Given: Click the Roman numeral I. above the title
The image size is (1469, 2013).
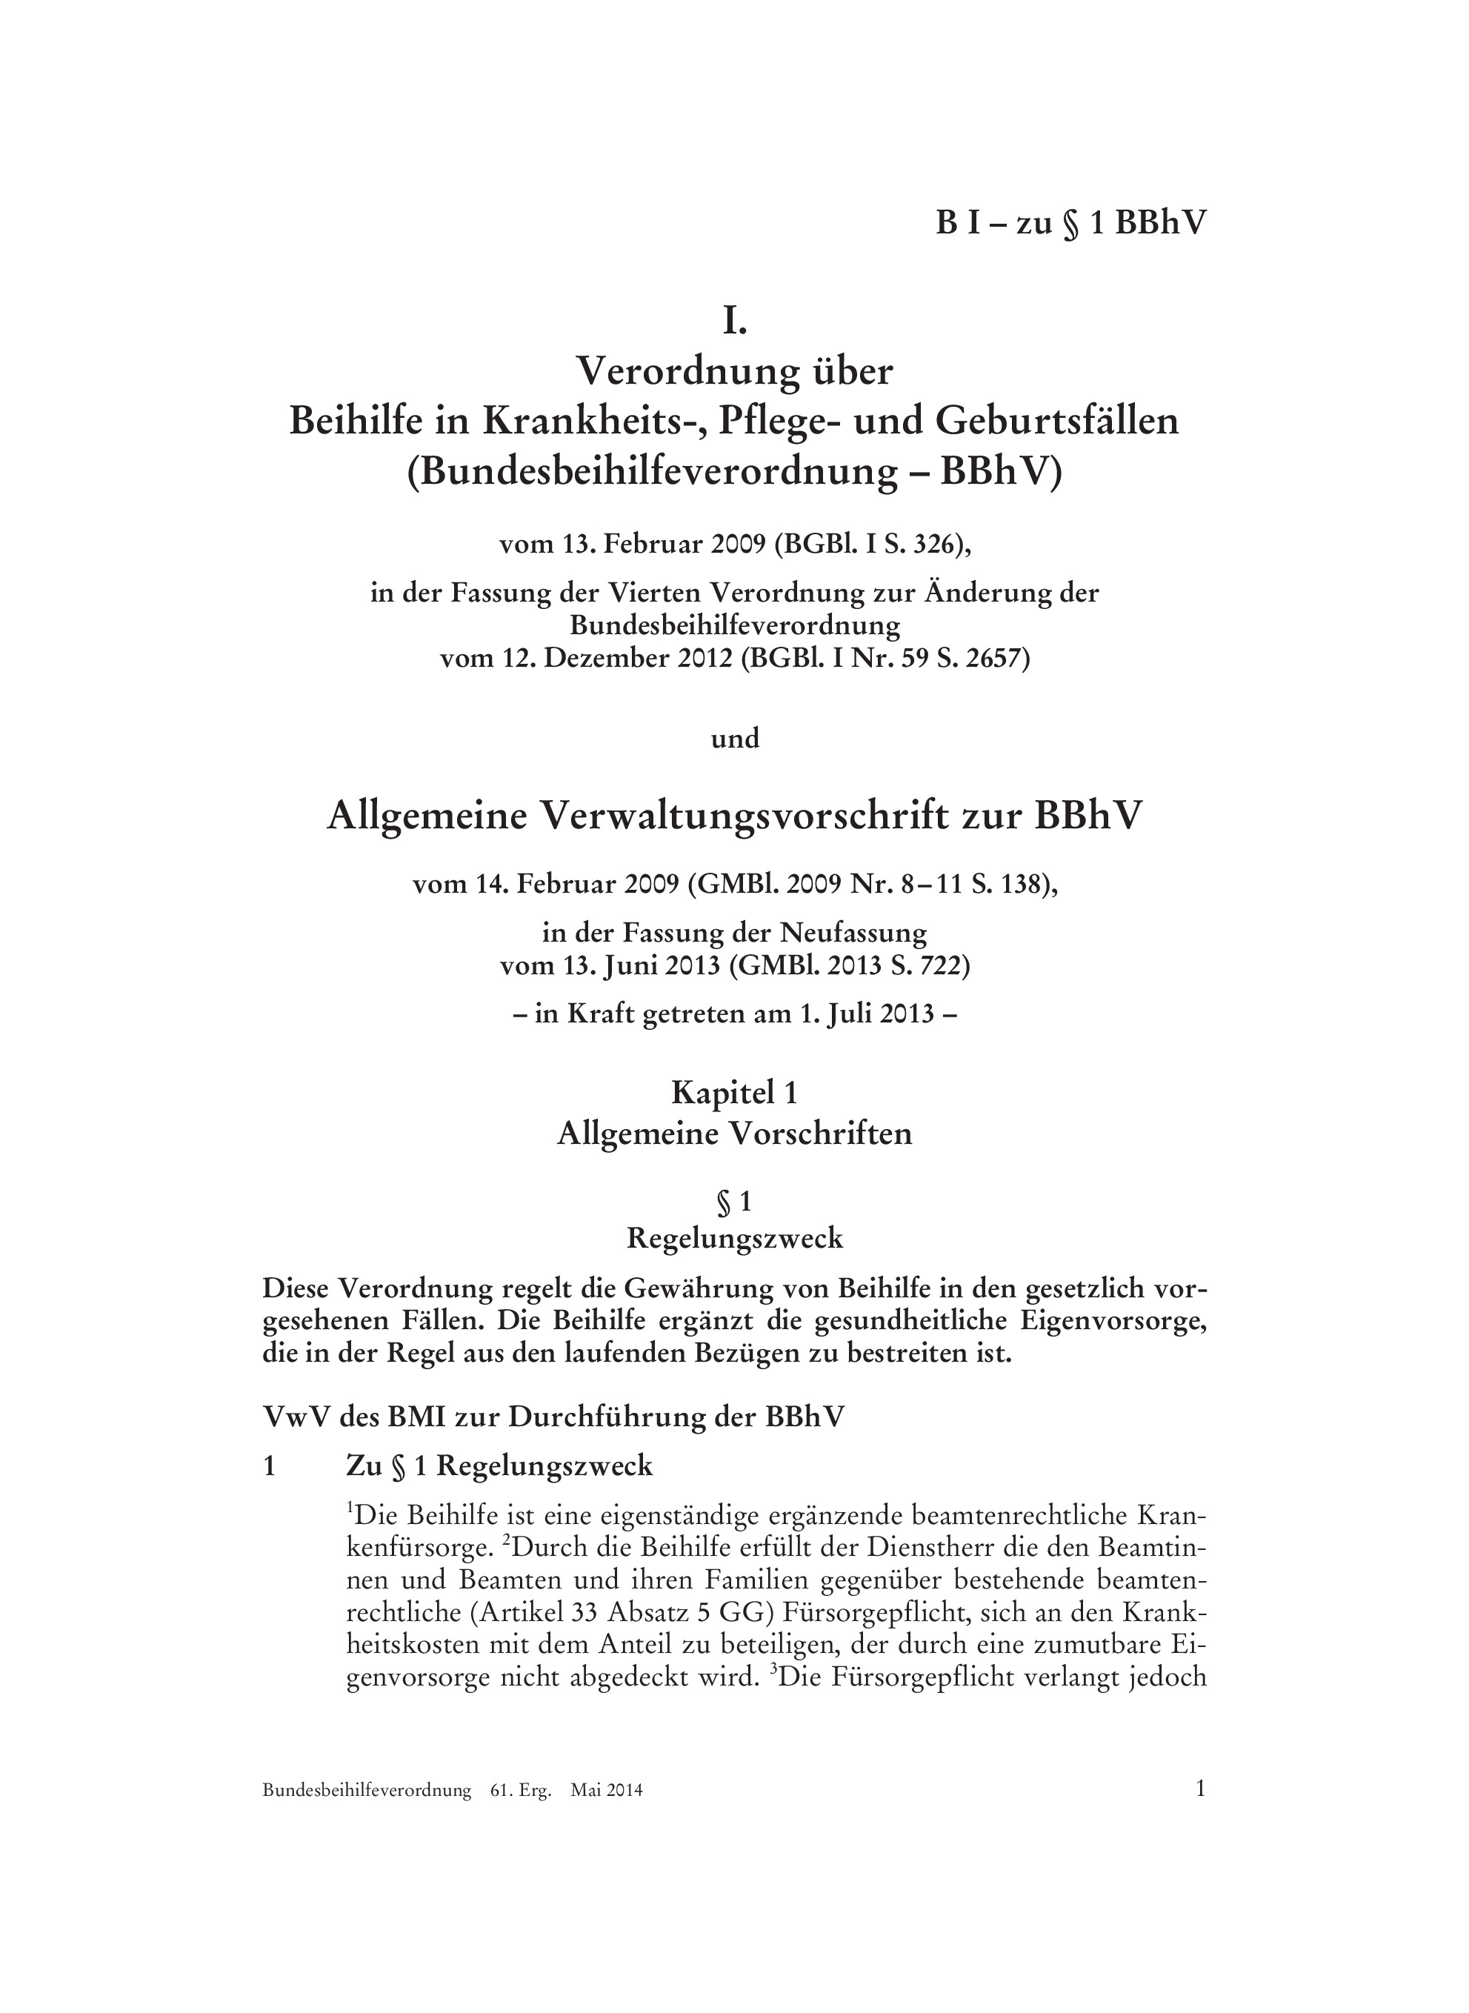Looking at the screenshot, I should tap(735, 322).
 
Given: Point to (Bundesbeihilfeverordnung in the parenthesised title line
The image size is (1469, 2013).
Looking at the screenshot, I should tap(652, 471).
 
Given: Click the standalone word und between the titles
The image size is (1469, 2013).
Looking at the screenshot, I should tap(735, 738).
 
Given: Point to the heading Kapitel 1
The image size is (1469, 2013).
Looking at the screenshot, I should tap(735, 1092).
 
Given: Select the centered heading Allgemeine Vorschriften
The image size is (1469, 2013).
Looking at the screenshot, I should tap(735, 1134).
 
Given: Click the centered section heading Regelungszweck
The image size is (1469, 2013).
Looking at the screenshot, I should tap(735, 1239).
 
